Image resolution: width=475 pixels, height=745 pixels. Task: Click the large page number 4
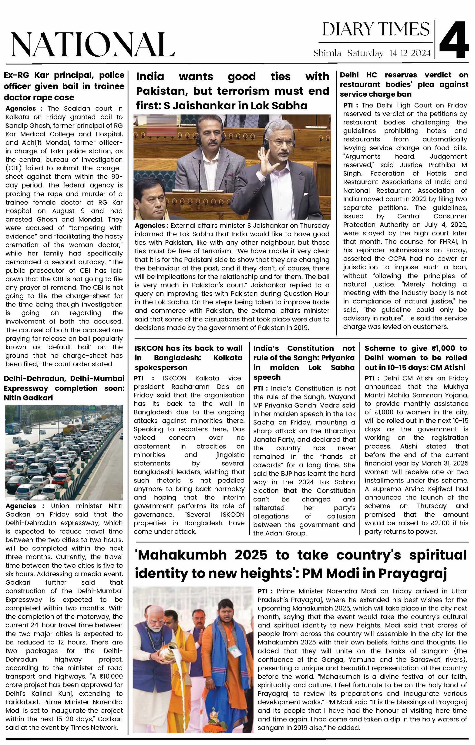(x=454, y=40)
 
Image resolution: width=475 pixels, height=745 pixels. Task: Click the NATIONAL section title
(x=93, y=45)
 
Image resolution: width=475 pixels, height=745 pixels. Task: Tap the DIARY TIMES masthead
(x=376, y=29)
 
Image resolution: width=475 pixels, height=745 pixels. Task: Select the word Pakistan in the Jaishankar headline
(x=162, y=91)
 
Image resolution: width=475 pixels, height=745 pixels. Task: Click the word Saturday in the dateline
(x=365, y=53)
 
